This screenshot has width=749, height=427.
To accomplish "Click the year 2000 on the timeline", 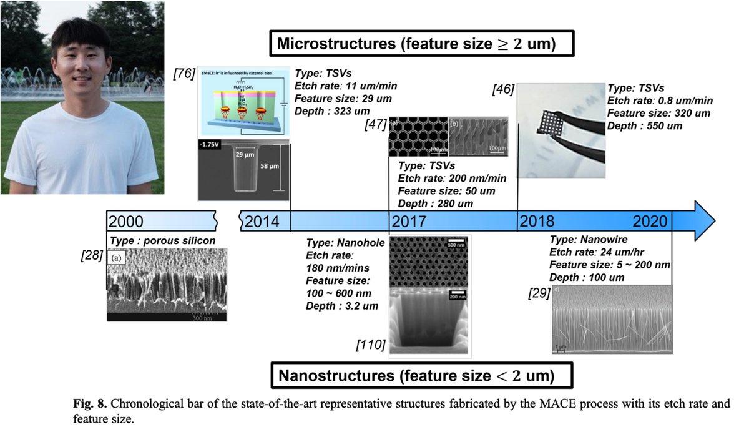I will (126, 222).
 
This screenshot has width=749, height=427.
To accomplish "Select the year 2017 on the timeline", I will (409, 222).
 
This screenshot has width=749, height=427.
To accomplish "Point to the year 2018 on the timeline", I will (538, 222).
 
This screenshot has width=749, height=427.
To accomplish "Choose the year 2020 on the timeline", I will (651, 222).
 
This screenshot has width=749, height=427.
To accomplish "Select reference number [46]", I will (502, 89).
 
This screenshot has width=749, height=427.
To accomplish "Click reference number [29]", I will (538, 293).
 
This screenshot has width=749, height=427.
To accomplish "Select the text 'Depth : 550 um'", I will (646, 125).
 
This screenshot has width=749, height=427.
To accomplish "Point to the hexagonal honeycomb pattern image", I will (418, 137).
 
